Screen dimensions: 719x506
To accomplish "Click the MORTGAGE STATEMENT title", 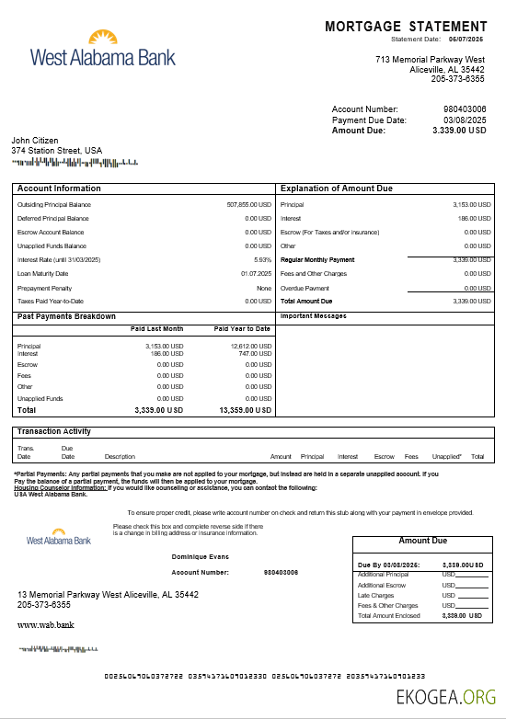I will (x=406, y=27).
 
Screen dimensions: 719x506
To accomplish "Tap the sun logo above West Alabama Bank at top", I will (x=102, y=38).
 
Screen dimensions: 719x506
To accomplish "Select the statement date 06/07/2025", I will (x=466, y=40).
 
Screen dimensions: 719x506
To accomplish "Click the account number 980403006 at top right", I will (x=465, y=109).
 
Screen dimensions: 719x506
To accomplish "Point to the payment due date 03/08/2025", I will (x=465, y=120).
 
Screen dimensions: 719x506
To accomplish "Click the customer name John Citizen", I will (x=35, y=141).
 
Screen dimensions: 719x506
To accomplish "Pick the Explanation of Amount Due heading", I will (x=336, y=188).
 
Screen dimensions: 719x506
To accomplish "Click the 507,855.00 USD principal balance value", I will (x=248, y=204).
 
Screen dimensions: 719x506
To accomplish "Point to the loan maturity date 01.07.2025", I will (x=256, y=273).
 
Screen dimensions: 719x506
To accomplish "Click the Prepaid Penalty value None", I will (x=264, y=288).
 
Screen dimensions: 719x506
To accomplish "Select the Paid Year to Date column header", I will (x=242, y=328).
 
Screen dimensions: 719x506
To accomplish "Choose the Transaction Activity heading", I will (x=53, y=431).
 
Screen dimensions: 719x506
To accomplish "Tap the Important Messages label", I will (x=313, y=315).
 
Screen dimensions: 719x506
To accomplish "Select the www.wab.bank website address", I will (x=45, y=624).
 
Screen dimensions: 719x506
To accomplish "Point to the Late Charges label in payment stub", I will (x=375, y=595).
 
